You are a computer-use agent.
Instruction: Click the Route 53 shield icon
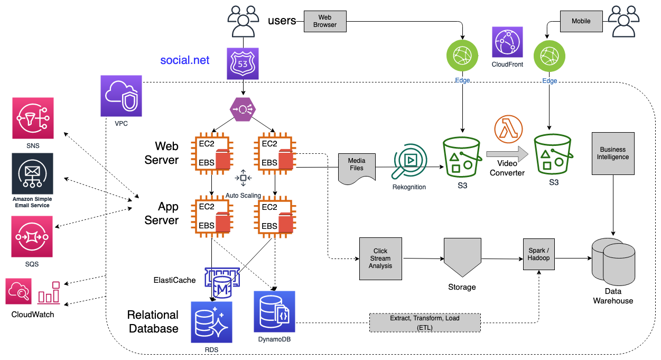coord(243,64)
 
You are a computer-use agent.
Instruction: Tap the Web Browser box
coord(324,21)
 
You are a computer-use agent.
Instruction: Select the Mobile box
coord(581,21)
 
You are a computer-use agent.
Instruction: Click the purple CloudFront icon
coord(507,42)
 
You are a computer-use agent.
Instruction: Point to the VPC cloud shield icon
coord(122,96)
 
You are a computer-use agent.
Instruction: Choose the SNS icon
coord(33,118)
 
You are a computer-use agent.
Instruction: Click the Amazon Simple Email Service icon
coord(33,174)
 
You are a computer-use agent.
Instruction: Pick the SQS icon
coord(33,236)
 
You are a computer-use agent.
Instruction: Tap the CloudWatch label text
coord(33,315)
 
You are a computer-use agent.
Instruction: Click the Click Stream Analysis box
coord(380,259)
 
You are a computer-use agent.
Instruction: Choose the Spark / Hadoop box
coord(539,254)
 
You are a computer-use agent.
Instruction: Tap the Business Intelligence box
coord(613,153)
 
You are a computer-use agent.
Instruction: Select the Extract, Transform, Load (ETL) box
coord(425,322)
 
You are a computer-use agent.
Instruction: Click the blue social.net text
coord(184,60)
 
